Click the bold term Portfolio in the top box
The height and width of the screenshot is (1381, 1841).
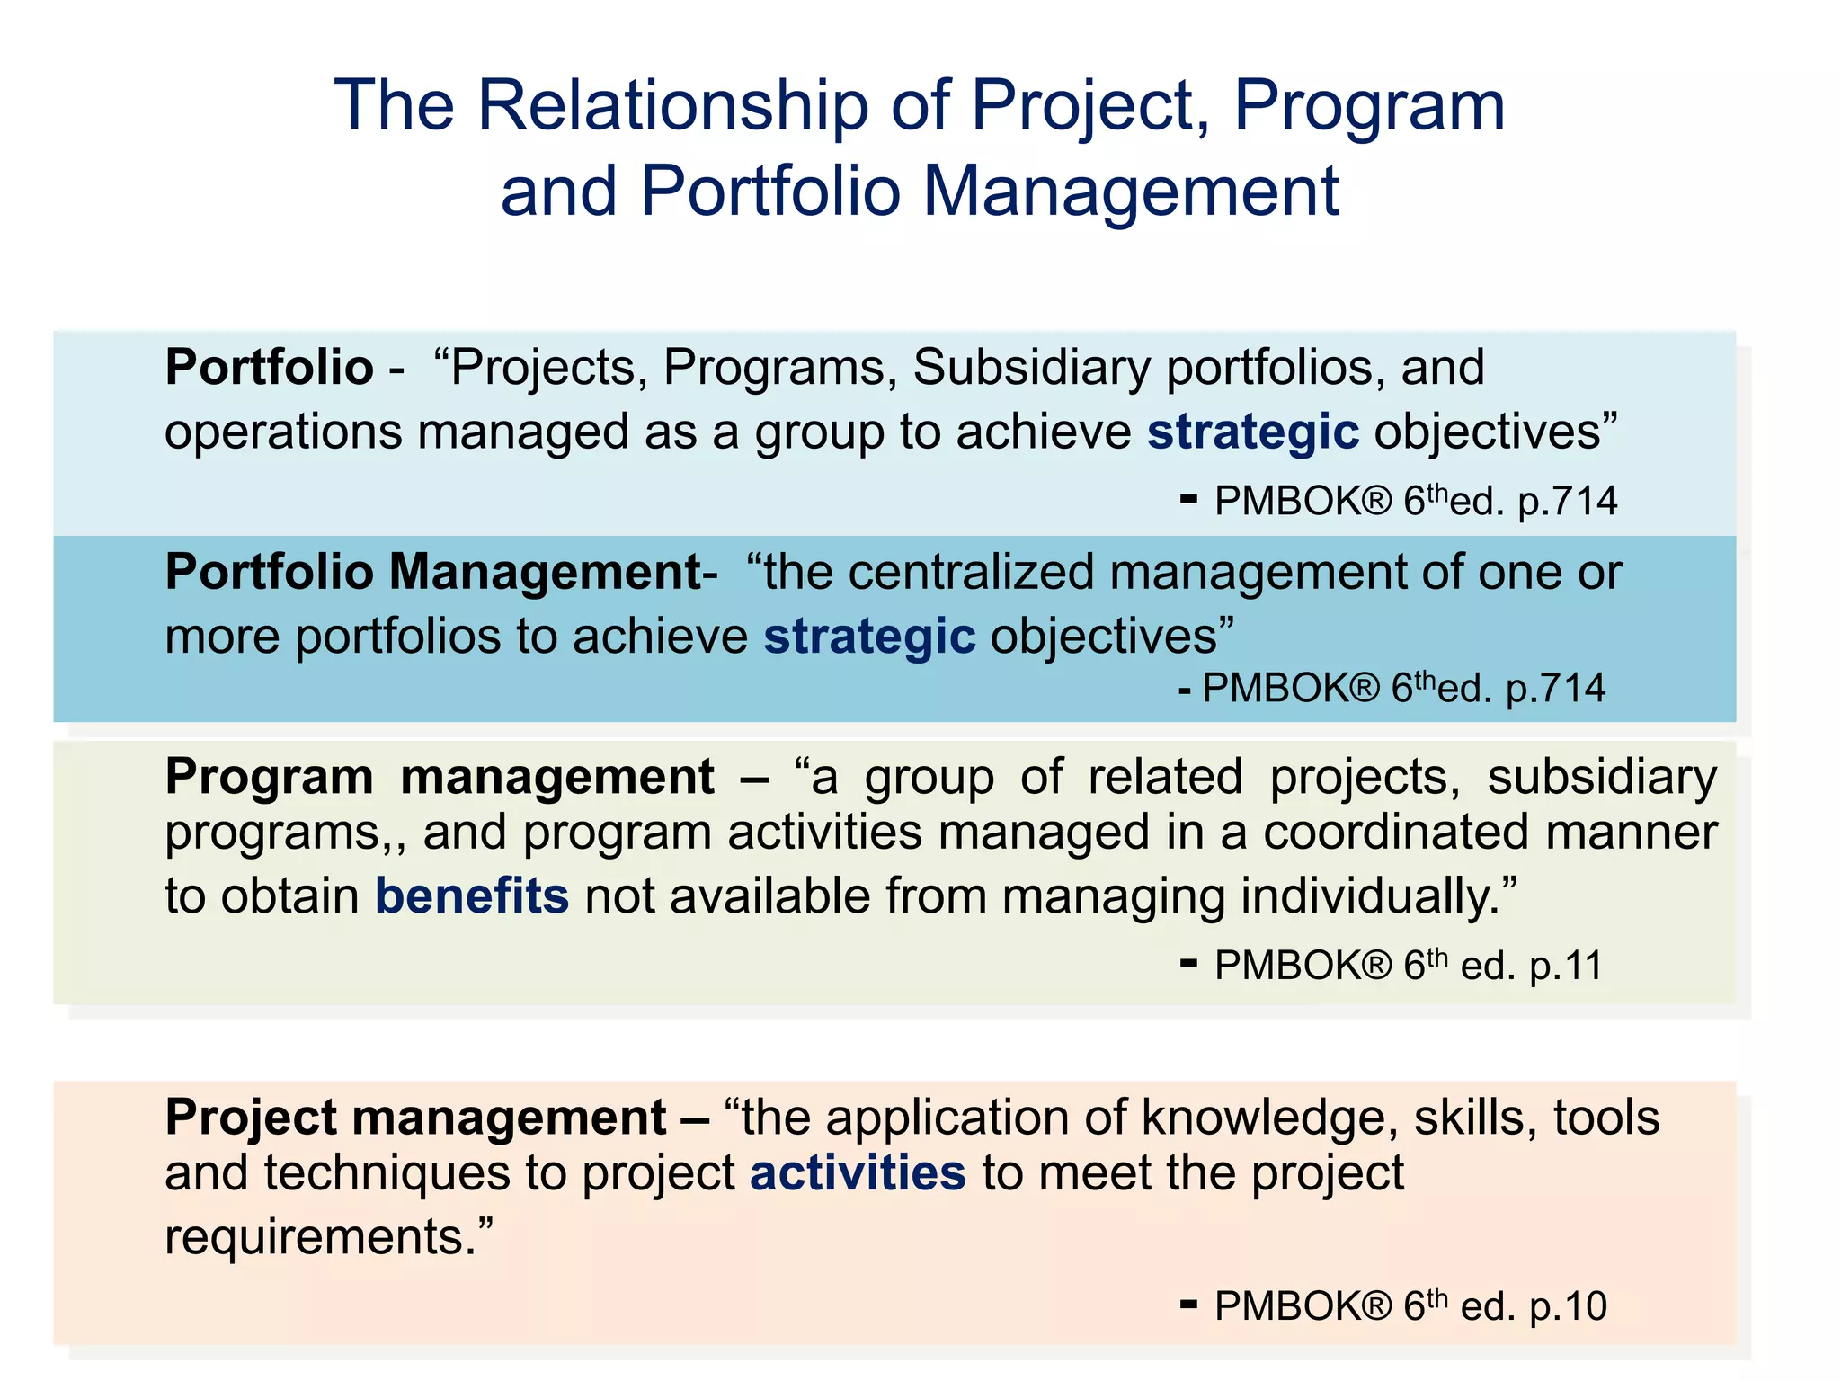269,368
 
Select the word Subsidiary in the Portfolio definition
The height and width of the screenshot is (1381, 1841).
1031,368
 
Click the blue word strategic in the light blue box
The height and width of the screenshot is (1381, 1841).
1252,432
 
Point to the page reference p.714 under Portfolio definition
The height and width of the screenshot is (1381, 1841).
1568,502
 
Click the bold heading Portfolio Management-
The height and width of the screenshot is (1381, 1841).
440,573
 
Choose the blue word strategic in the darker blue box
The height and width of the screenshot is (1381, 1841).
869,637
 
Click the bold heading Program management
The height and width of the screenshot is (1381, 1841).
440,777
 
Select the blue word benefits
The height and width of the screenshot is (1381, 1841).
472,896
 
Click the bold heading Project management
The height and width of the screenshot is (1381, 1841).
415,1118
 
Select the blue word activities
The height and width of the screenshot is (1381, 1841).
858,1173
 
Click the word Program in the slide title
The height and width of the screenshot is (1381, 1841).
1369,106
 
